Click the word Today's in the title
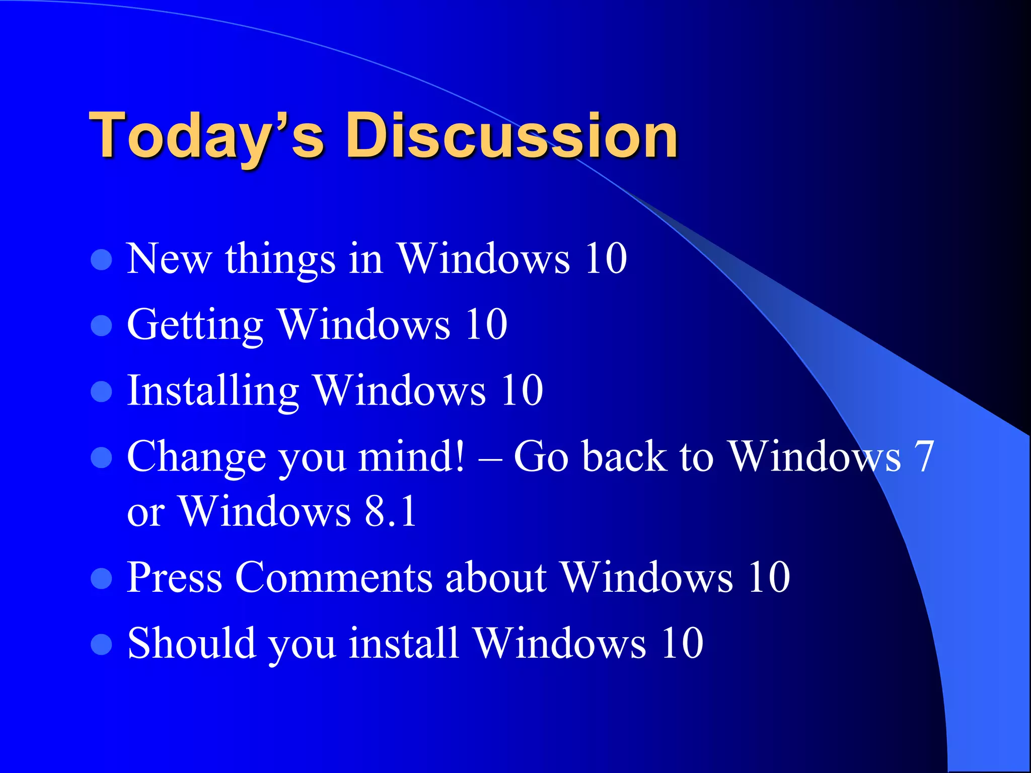point(206,136)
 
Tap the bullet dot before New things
point(101,260)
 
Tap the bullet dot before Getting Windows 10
point(101,326)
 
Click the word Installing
point(213,392)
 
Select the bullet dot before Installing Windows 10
point(101,392)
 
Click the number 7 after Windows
point(924,457)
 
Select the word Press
point(174,577)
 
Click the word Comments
point(333,577)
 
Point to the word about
point(496,577)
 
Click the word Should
point(191,643)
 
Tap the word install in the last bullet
point(403,643)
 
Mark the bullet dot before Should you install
point(101,644)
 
